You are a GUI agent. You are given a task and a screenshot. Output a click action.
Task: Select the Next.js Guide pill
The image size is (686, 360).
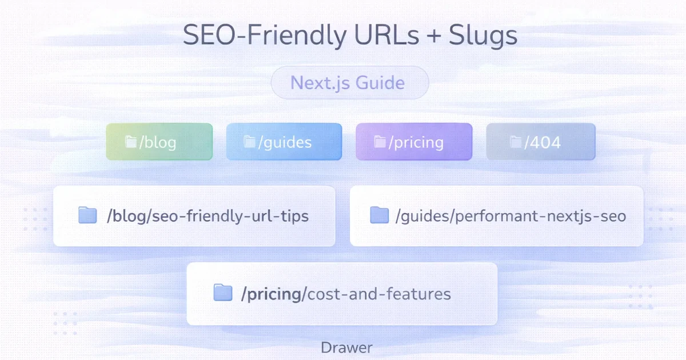click(349, 83)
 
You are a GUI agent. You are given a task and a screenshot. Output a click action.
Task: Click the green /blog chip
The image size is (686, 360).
click(159, 142)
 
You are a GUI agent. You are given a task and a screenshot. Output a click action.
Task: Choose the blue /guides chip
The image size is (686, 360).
click(284, 142)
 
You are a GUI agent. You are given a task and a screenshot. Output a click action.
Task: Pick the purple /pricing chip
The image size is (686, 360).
click(414, 142)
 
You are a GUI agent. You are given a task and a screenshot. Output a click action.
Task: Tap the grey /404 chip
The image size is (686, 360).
click(541, 142)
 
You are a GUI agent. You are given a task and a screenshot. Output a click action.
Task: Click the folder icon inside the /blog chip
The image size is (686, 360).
click(131, 142)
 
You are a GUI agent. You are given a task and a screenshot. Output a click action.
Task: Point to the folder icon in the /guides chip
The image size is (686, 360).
click(250, 142)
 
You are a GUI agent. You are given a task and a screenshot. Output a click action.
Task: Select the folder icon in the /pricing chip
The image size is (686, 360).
click(380, 142)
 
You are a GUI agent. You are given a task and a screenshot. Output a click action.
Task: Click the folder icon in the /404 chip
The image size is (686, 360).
click(516, 142)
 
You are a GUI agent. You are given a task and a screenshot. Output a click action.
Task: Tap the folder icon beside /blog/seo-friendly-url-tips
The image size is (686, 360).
click(87, 215)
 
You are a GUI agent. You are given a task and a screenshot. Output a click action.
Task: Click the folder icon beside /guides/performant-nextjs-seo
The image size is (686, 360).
click(379, 215)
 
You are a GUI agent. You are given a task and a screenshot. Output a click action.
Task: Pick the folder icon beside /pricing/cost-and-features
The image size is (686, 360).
click(222, 293)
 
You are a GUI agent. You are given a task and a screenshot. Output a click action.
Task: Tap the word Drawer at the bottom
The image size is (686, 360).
click(346, 347)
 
